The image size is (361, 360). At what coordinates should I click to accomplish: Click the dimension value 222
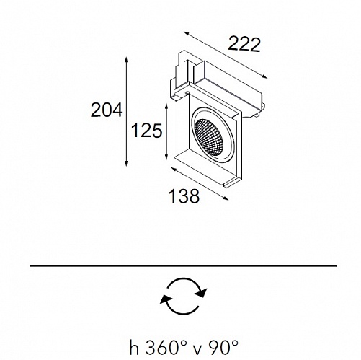click(x=244, y=44)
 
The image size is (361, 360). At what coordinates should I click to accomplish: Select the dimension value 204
click(x=107, y=110)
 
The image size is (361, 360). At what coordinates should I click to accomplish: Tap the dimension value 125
click(x=147, y=131)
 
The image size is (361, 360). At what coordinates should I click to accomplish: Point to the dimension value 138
click(x=184, y=196)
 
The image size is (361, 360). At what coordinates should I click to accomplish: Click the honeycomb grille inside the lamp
click(x=209, y=137)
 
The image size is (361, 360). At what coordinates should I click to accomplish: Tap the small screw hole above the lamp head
click(x=187, y=92)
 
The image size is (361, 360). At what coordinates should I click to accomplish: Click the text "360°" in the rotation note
click(x=166, y=347)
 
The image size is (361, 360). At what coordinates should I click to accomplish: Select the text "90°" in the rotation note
click(x=223, y=347)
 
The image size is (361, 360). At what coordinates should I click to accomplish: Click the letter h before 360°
click(x=135, y=347)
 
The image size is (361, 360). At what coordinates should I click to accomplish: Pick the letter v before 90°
click(x=197, y=350)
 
